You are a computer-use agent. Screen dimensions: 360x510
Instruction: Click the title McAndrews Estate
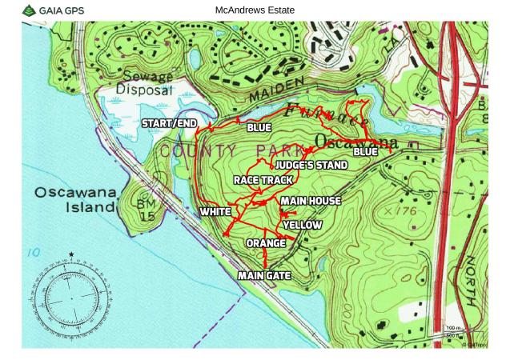click(255, 10)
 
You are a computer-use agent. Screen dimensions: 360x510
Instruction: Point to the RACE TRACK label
click(263, 181)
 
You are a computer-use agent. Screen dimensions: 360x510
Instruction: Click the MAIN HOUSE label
click(311, 201)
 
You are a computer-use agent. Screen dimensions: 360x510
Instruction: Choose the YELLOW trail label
click(302, 226)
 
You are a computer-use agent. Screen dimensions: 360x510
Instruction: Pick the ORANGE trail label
click(266, 242)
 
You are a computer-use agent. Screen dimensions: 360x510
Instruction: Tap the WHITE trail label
click(215, 212)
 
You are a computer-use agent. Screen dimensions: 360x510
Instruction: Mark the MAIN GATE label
click(264, 275)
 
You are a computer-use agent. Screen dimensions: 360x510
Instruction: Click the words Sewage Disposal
click(145, 83)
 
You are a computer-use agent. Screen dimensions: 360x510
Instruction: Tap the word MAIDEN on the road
click(279, 90)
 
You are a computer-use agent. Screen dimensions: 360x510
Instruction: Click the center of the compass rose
click(71, 298)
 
